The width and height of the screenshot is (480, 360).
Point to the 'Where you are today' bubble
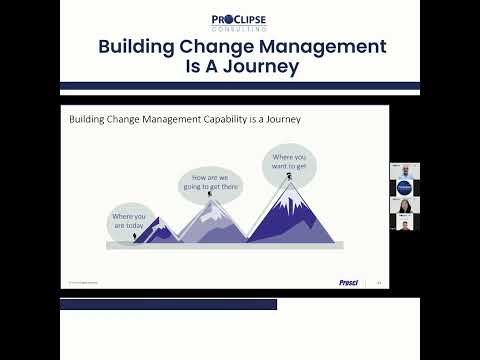coord(128,220)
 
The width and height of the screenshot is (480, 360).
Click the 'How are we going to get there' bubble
coord(209,184)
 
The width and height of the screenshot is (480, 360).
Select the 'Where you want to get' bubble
coord(289,161)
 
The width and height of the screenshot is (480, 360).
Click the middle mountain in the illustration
coord(210,222)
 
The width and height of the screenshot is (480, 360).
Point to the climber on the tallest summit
coord(288,176)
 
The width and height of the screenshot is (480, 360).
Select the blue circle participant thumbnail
coord(404,187)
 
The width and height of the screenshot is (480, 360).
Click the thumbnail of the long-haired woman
coord(404,206)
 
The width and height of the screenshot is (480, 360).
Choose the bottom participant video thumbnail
coord(404,224)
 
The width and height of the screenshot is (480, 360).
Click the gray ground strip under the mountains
coord(225,245)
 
